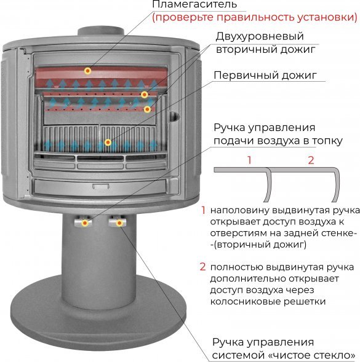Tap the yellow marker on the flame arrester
tap(88, 71)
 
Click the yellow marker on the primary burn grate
tap(108, 143)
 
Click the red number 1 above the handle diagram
tap(249, 160)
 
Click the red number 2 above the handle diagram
tap(311, 160)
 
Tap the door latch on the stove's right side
tap(175, 114)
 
